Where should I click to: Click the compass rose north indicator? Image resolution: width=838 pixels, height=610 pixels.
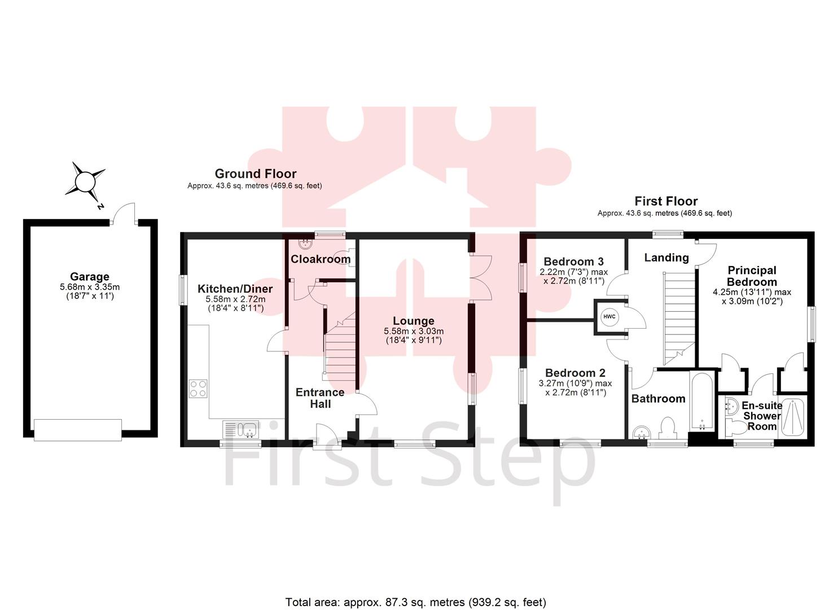(86, 182)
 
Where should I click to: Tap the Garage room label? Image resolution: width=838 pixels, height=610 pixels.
(89, 277)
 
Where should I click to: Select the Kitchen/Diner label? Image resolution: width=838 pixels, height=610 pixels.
(235, 289)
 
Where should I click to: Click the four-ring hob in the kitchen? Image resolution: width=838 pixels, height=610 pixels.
(198, 389)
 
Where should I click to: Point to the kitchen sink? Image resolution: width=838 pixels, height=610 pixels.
(240, 430)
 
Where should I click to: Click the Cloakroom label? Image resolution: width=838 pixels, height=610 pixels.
(321, 259)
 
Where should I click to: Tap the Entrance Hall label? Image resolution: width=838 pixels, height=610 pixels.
(320, 398)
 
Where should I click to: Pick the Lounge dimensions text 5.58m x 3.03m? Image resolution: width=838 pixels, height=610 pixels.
(414, 331)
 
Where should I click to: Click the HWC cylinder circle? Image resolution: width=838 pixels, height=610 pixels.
(609, 317)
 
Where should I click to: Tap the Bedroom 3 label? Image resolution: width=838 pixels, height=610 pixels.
(573, 262)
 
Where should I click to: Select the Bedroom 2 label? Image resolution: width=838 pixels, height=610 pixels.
(575, 373)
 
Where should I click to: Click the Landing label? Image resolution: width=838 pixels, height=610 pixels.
(666, 258)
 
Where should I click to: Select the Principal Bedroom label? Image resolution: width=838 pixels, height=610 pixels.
(752, 276)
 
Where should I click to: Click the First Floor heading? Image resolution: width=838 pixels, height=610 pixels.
(666, 201)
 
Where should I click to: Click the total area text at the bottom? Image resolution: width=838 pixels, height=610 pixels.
(415, 602)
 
